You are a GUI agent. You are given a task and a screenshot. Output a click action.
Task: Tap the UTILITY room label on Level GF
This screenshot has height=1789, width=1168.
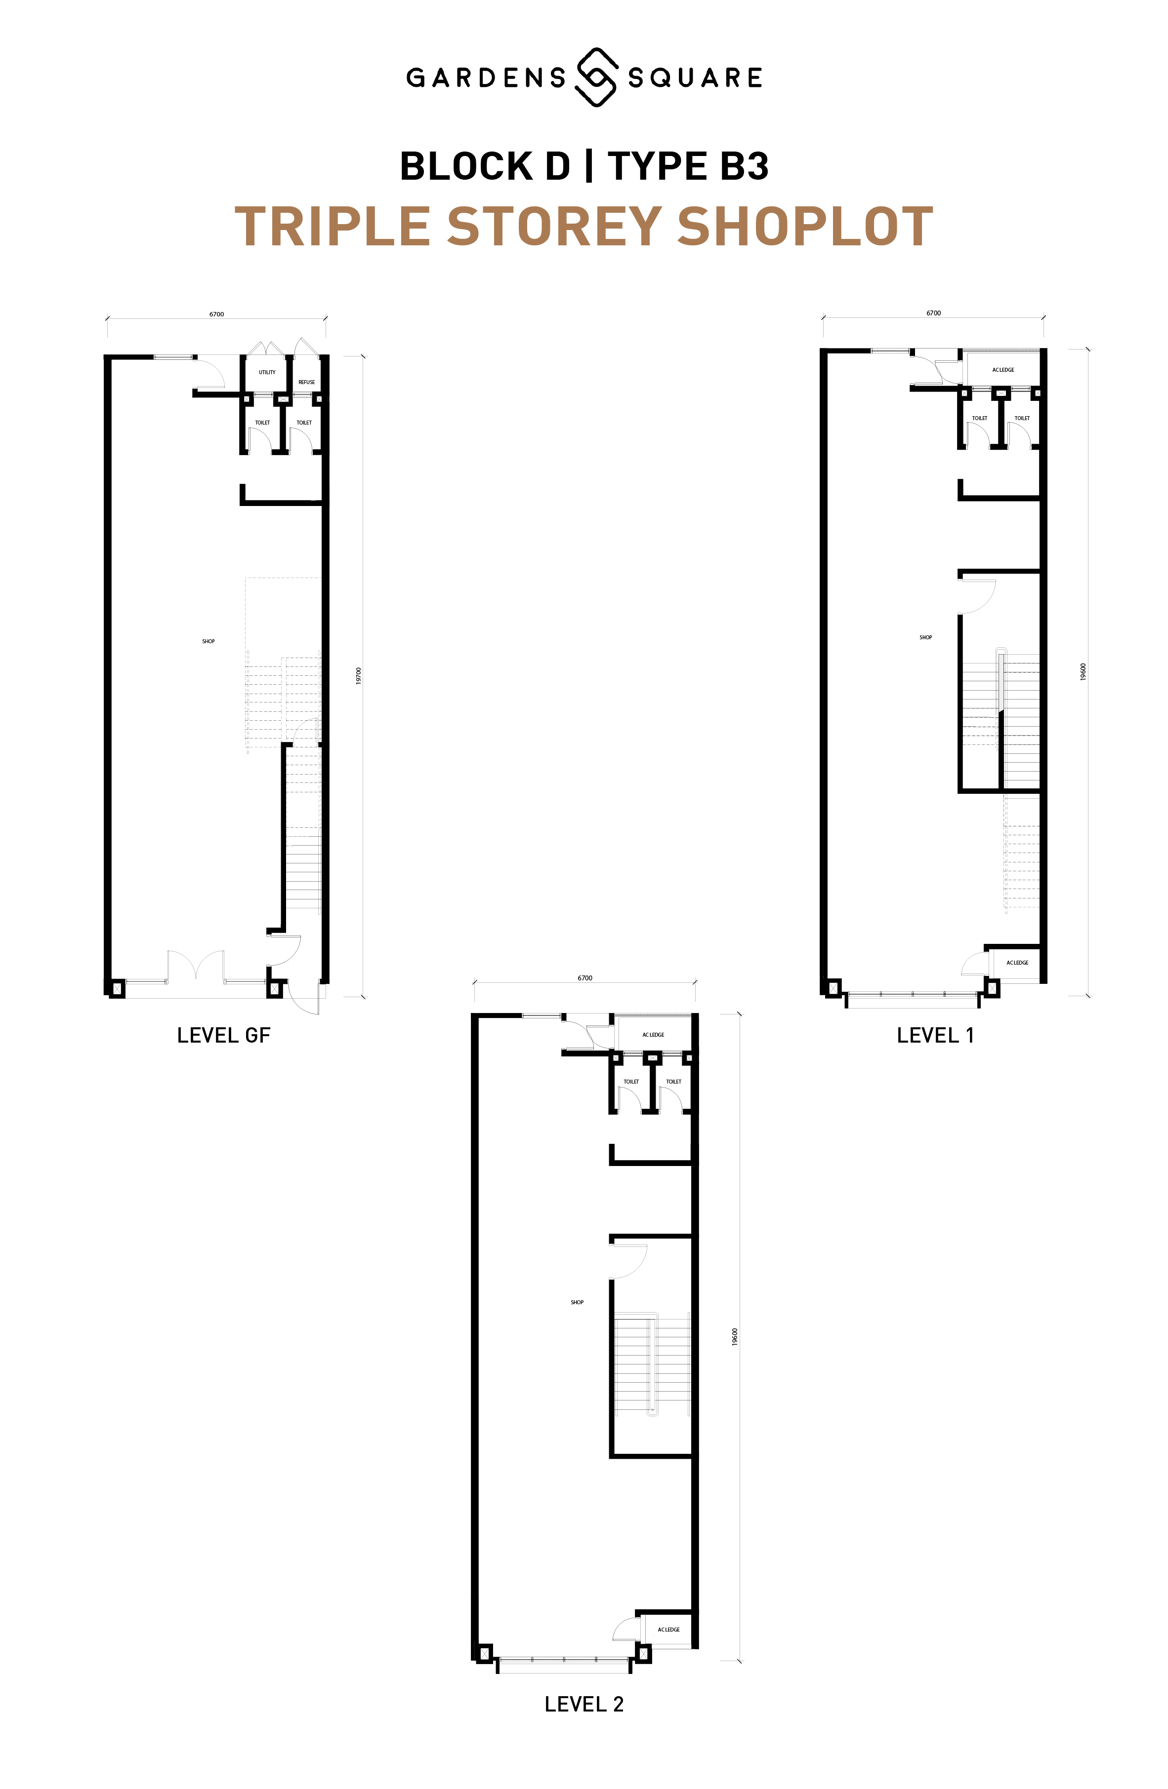point(267,372)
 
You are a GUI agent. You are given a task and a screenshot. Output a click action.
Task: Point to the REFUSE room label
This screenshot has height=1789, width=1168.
point(307,382)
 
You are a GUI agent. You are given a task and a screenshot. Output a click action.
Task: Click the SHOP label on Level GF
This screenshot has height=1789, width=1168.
point(209,641)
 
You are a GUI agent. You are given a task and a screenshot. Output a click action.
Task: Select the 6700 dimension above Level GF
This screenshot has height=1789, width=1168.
point(216,314)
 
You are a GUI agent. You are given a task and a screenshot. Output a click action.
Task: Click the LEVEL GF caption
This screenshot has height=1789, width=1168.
point(223,1035)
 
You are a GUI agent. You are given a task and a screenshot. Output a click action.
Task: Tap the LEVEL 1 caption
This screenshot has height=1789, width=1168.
point(936,1035)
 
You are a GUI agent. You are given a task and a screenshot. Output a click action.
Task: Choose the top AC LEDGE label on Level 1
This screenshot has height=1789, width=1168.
point(1003,370)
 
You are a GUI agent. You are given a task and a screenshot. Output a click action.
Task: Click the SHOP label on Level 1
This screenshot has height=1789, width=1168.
point(926,637)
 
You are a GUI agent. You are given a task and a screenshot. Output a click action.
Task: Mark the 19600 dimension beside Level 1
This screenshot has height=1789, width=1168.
point(1083,671)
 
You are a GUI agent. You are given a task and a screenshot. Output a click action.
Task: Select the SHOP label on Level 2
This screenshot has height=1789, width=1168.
point(577,1302)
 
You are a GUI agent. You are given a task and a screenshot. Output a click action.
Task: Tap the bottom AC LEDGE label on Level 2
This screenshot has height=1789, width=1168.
point(668,1630)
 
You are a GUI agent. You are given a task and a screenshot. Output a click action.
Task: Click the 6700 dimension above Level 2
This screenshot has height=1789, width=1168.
point(585,978)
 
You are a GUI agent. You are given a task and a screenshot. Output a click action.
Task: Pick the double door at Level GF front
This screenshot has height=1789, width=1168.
point(196,967)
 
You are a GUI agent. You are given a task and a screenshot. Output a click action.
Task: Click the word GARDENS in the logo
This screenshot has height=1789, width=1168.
point(486,78)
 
